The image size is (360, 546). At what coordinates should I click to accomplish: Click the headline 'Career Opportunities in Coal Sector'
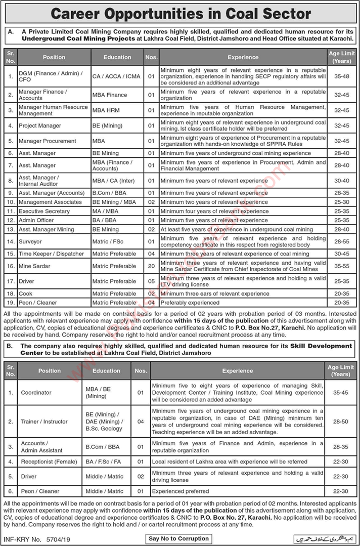click(x=180, y=14)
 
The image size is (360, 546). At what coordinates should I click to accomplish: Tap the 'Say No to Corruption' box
click(x=179, y=538)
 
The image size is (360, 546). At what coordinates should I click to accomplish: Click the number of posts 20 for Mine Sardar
click(x=151, y=266)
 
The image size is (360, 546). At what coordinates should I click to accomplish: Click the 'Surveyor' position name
click(x=30, y=241)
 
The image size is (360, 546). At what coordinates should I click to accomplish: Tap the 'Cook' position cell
click(x=25, y=293)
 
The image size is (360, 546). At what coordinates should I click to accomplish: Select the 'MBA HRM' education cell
click(x=107, y=110)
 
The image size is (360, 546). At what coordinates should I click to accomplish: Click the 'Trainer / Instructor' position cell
click(x=44, y=421)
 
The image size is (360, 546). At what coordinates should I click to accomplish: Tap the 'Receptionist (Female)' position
click(x=49, y=461)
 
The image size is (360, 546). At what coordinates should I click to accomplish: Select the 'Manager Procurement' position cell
click(x=47, y=141)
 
